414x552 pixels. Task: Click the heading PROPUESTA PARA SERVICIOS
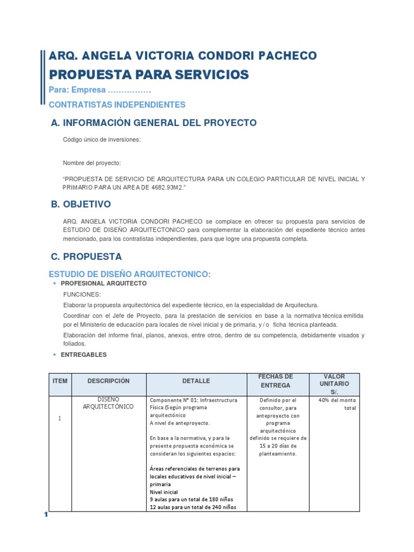(x=149, y=74)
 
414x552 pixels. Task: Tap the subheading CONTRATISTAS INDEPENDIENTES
(x=117, y=105)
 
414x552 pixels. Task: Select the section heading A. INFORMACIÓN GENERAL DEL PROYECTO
(x=154, y=123)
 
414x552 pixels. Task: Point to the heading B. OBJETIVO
(x=80, y=204)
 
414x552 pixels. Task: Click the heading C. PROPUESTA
(x=86, y=257)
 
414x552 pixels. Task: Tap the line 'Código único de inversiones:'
(x=102, y=140)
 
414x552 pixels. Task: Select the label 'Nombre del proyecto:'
(x=92, y=163)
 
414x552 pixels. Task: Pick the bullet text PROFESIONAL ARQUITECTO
(x=103, y=283)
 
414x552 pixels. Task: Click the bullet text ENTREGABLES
(x=84, y=355)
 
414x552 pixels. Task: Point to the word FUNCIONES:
(x=81, y=294)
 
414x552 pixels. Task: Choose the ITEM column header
(x=60, y=381)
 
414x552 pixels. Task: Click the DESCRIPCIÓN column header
(x=108, y=381)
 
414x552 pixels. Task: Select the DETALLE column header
(x=196, y=381)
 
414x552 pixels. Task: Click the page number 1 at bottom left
(x=46, y=515)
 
